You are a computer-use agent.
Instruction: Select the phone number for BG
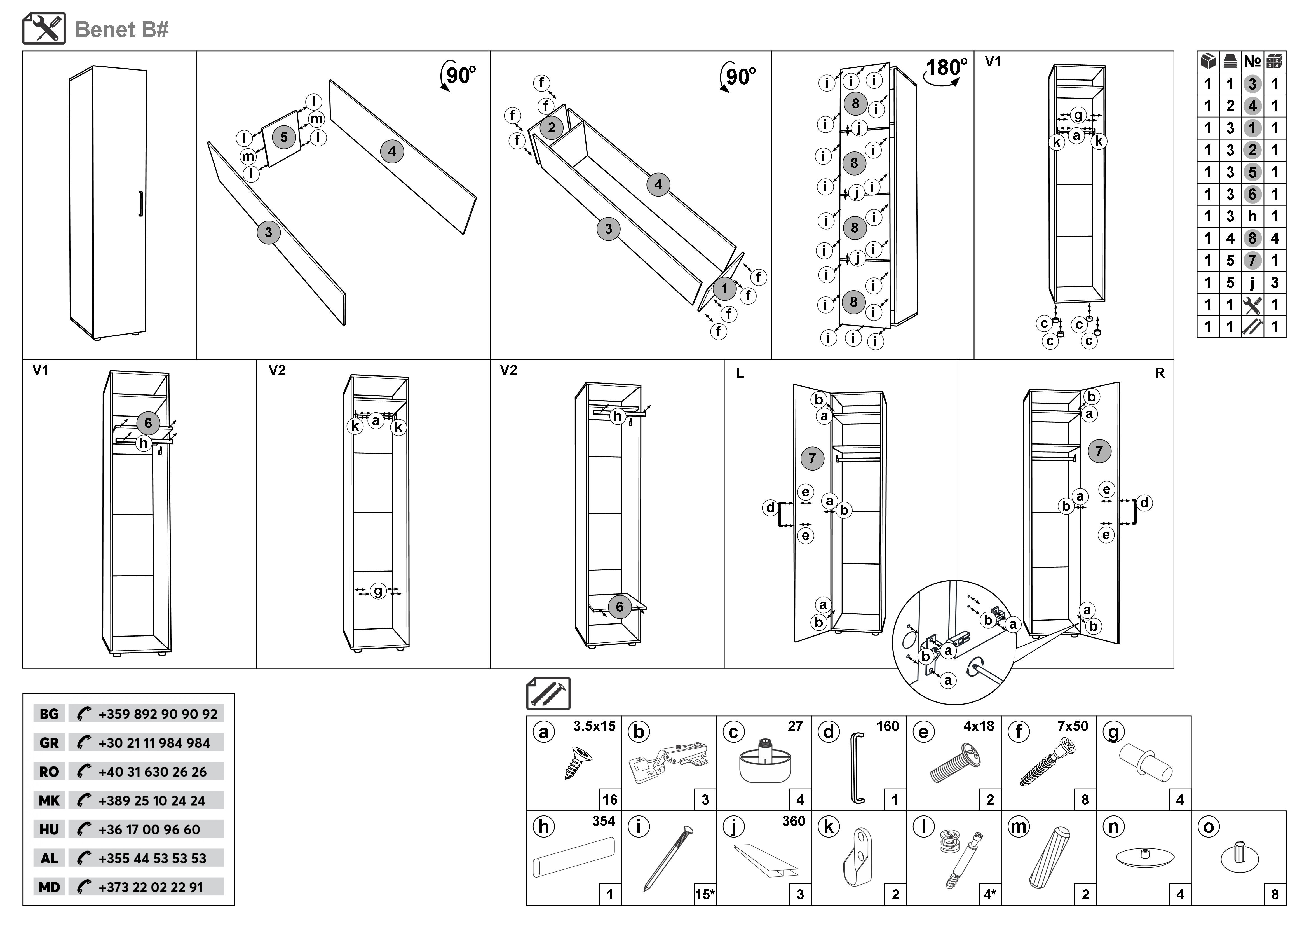tap(157, 714)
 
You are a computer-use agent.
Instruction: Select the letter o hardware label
tap(1209, 827)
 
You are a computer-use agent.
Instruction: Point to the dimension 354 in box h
tap(603, 821)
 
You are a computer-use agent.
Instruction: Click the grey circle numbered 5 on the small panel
tap(283, 137)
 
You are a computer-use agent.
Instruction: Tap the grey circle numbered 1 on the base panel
tap(724, 289)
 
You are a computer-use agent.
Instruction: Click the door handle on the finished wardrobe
tap(140, 204)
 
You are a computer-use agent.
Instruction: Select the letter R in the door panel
tap(1160, 373)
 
